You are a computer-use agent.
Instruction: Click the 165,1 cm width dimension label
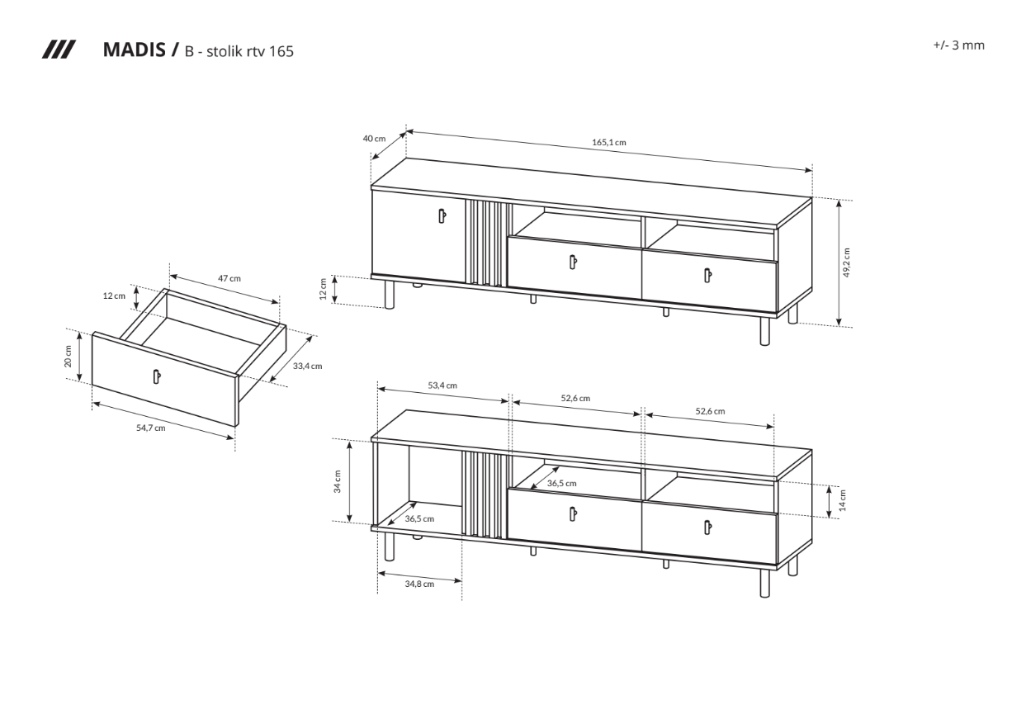coord(608,142)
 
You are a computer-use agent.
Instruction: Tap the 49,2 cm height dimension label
coord(846,263)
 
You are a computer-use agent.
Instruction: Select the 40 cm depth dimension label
coord(374,139)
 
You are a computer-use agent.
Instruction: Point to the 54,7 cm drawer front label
coord(151,428)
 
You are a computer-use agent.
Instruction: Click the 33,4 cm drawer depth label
coord(307,366)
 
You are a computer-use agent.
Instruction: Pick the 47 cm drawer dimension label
coord(229,278)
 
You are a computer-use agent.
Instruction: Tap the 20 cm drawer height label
coord(69,357)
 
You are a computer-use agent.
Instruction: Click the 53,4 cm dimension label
coord(442,386)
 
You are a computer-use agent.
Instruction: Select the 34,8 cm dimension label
coord(419,584)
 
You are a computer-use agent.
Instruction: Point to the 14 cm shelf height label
coord(843,500)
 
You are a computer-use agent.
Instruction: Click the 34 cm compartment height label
coord(338,481)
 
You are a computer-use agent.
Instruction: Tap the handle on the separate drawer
coord(156,376)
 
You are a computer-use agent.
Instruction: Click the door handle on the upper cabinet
coord(442,215)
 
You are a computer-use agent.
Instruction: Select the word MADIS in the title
coord(135,50)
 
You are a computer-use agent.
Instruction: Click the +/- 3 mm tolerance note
coord(958,45)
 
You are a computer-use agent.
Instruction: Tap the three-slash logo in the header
coord(59,50)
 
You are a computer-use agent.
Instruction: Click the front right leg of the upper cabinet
coord(764,331)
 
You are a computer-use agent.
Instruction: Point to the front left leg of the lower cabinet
coord(390,546)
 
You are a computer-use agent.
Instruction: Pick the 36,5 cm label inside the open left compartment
coord(419,519)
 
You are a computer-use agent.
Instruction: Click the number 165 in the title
coord(281,51)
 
